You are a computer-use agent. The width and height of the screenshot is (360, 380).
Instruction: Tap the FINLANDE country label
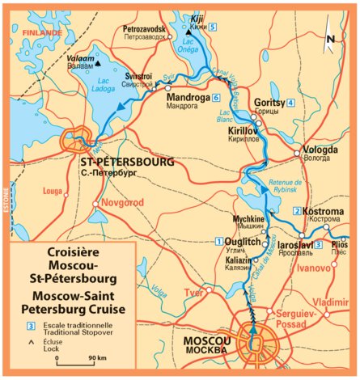(42, 33)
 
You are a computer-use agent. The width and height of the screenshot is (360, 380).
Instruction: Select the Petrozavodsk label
(145, 28)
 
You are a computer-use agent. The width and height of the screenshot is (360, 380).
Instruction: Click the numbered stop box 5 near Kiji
(212, 27)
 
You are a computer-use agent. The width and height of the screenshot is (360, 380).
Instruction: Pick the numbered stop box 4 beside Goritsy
(290, 102)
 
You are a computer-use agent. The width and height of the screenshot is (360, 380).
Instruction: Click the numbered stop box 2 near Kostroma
(297, 211)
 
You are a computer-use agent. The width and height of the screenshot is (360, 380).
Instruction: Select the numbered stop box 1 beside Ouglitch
(218, 242)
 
